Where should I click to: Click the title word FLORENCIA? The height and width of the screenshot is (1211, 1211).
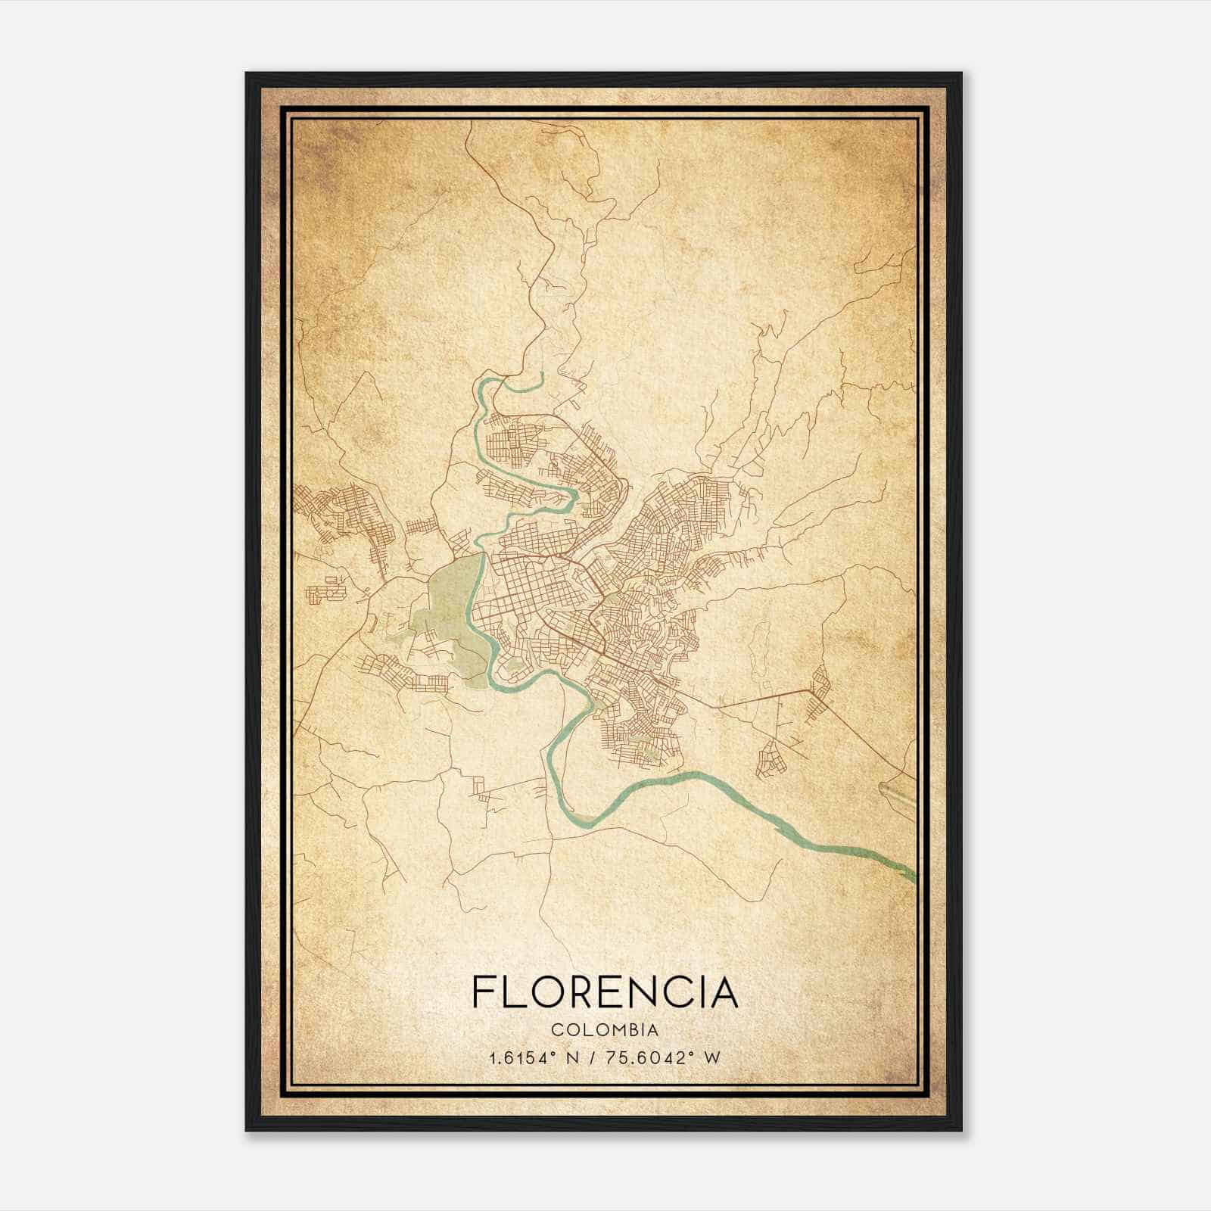click(605, 992)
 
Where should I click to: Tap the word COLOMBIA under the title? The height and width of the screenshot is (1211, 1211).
click(605, 1030)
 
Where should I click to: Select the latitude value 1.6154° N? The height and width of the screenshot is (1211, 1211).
click(535, 1057)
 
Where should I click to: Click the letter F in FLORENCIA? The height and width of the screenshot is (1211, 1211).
click(482, 992)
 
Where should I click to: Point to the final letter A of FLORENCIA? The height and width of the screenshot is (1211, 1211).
click(724, 992)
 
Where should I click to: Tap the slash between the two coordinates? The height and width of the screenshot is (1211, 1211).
click(597, 1057)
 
